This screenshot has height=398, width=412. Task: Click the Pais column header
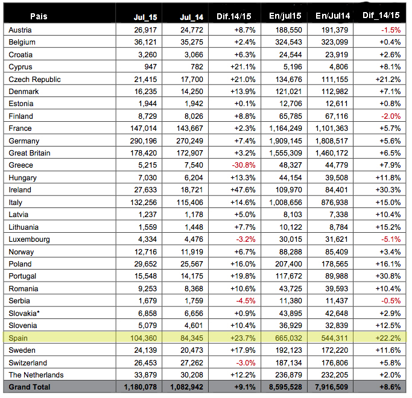click(x=39, y=16)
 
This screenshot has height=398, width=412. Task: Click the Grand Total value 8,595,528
click(x=284, y=387)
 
